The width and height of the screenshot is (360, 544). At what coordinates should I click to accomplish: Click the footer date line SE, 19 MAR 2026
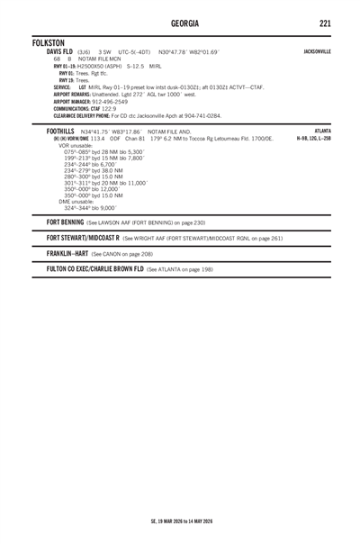click(x=179, y=494)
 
